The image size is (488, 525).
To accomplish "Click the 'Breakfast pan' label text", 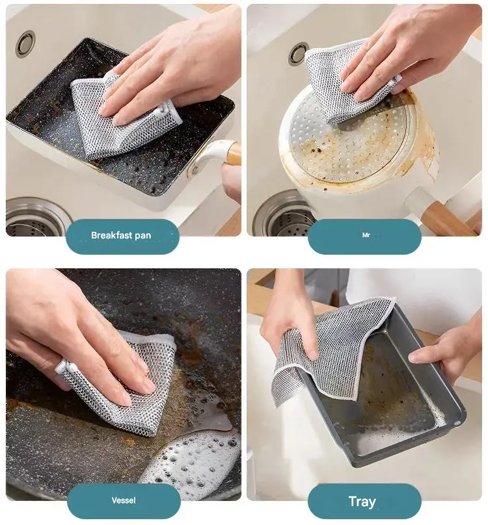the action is pyautogui.click(x=121, y=235).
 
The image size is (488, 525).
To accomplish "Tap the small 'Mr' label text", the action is pyautogui.click(x=366, y=235).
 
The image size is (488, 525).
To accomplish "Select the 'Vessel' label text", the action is pyautogui.click(x=124, y=500).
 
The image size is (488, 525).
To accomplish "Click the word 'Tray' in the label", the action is pyautogui.click(x=362, y=502).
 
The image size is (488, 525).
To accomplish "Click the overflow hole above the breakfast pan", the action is pyautogui.click(x=26, y=44).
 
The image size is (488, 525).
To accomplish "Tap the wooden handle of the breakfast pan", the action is pyautogui.click(x=234, y=153).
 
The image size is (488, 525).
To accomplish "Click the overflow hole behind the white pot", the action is pyautogui.click(x=297, y=53).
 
